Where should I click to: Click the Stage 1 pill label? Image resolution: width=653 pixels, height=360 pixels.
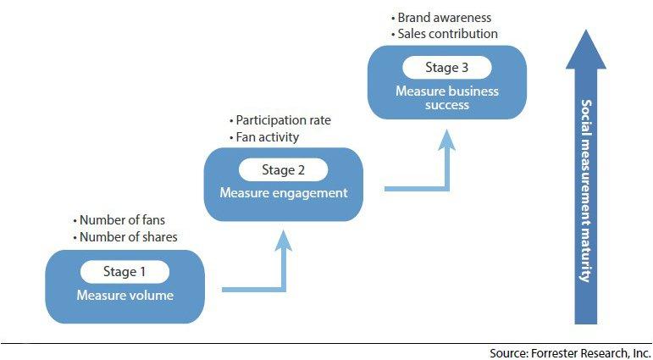coord(125,272)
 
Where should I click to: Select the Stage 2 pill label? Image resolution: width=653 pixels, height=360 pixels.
coord(284,169)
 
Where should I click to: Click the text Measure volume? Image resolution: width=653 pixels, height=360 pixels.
coord(125,296)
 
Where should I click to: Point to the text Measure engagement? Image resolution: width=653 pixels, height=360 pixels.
coord(284,193)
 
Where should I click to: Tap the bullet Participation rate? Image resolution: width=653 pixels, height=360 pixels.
coord(279,120)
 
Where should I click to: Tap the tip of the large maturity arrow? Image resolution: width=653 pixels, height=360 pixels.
coord(586,31)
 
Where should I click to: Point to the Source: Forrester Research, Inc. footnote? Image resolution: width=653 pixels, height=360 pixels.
coord(570,352)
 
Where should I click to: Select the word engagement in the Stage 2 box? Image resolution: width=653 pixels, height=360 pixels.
coord(310,193)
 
